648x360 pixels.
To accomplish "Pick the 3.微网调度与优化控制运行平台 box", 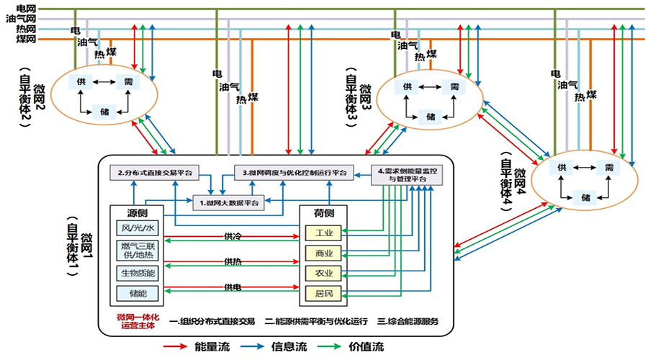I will [294, 173].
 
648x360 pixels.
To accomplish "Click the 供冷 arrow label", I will [232, 236].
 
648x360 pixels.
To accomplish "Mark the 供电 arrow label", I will [232, 287].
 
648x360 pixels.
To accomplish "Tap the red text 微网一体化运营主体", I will [136, 321].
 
